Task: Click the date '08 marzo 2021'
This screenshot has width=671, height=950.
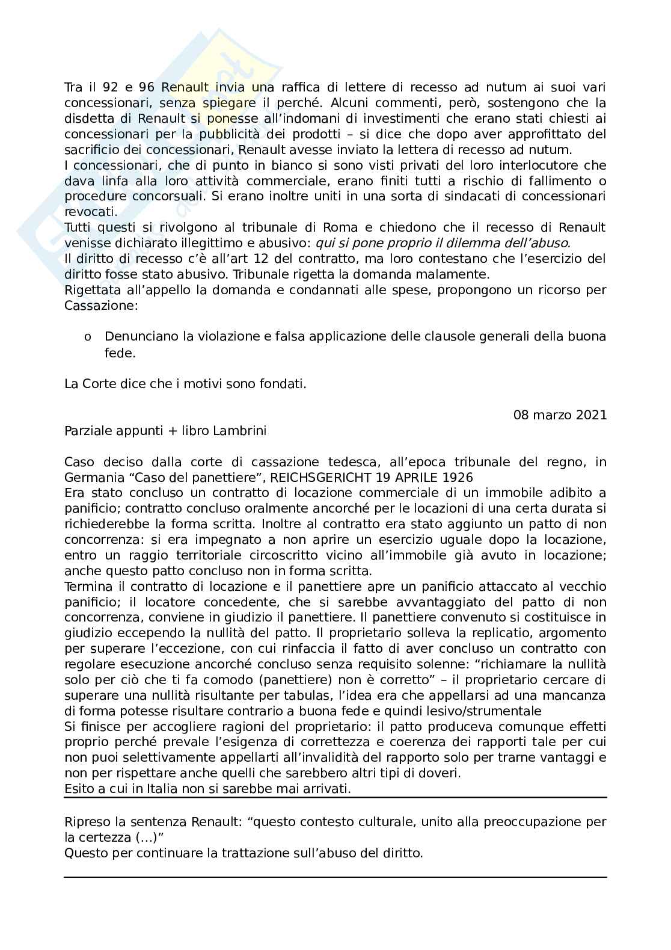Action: coord(560,415)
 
